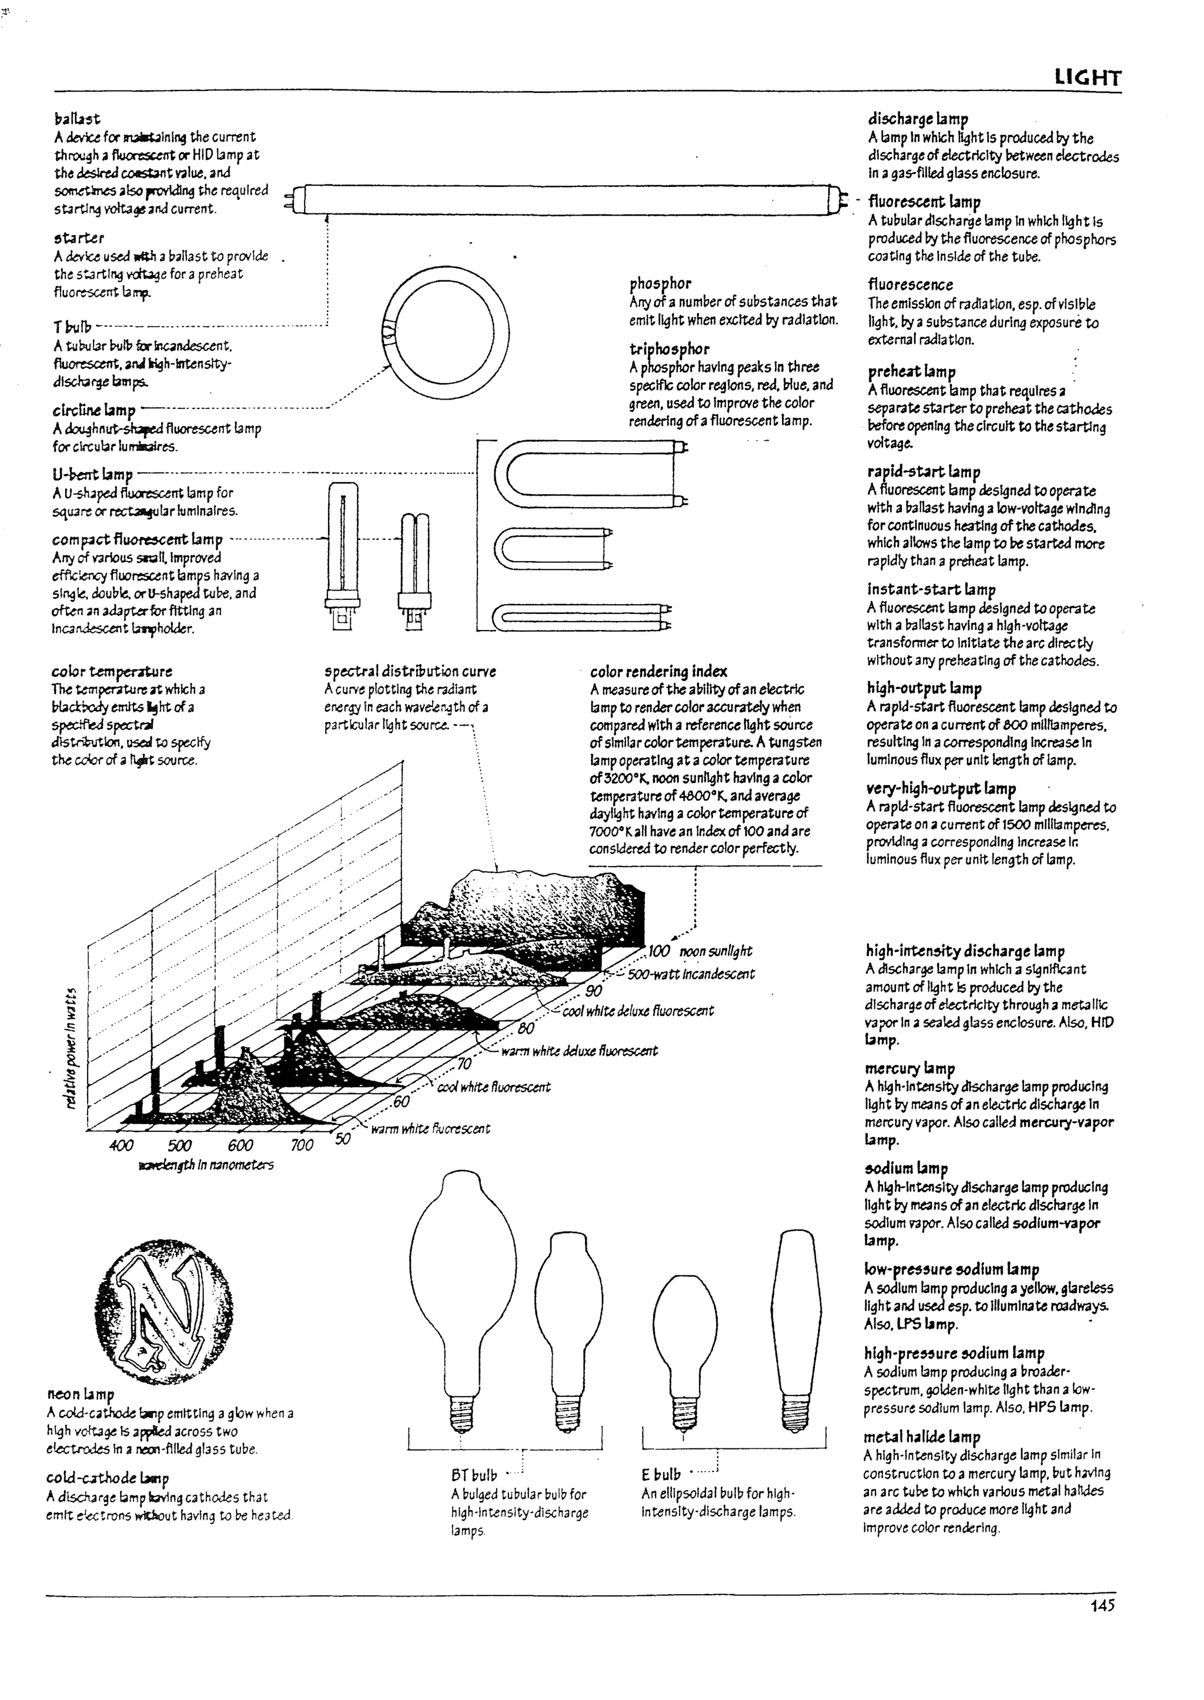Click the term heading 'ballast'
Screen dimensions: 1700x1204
coord(77,119)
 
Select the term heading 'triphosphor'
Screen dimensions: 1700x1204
coord(670,348)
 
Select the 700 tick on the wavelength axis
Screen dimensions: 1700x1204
coord(302,1145)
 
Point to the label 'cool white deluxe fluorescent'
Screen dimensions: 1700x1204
coord(638,1011)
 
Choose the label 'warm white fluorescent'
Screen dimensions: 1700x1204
coord(430,1129)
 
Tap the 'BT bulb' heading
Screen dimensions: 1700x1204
coord(474,1476)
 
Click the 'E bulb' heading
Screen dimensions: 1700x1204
coord(661,1475)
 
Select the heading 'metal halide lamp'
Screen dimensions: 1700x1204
coord(922,1436)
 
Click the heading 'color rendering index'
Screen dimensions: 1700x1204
coord(658,672)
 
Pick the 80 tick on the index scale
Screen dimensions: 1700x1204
coord(526,1028)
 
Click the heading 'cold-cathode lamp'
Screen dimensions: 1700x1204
coord(108,1478)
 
